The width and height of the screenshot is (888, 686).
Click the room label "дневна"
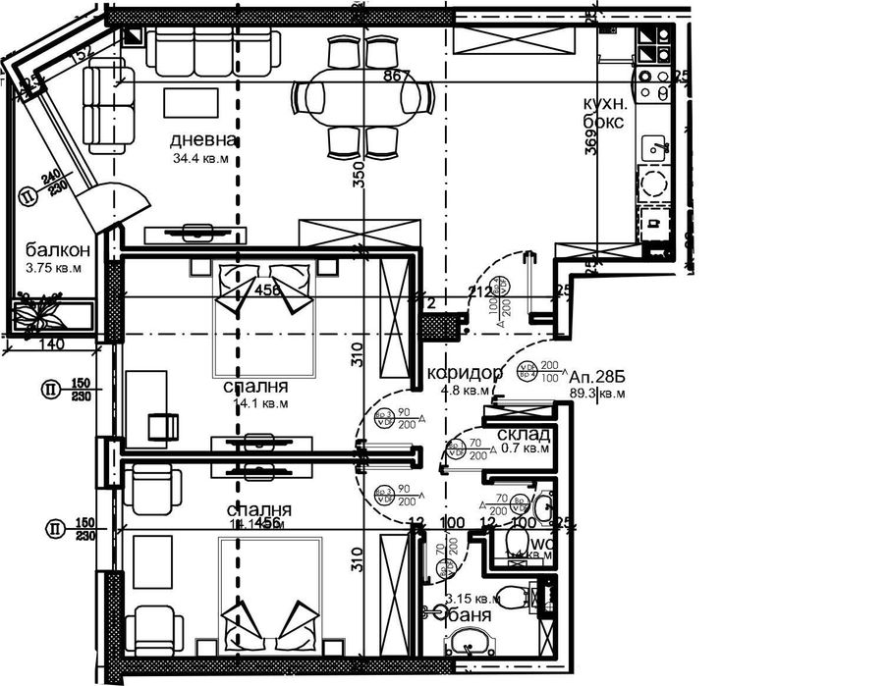coord(204,140)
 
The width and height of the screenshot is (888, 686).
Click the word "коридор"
coord(466,373)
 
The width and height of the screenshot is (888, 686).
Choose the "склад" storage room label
coord(517,435)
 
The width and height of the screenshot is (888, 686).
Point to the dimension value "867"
coord(396,76)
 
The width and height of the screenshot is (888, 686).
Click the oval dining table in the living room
coord(363,98)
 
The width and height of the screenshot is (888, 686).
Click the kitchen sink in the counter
coord(655,148)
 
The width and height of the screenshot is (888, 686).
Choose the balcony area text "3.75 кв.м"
coord(54,267)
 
